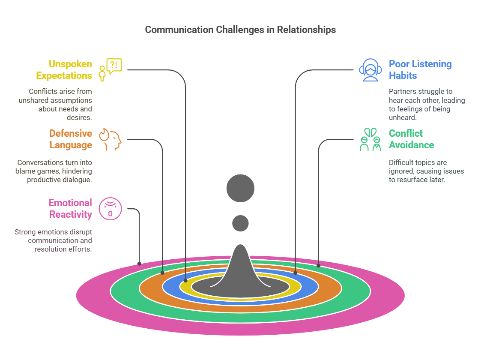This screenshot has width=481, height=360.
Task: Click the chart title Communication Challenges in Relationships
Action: (x=240, y=30)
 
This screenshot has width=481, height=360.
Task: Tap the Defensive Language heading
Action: (x=70, y=139)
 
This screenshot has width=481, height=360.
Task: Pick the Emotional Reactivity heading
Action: (x=70, y=209)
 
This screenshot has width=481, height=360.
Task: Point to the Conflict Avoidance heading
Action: (x=411, y=139)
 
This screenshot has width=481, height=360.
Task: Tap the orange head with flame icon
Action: (x=111, y=139)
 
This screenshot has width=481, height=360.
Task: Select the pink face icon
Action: (x=111, y=209)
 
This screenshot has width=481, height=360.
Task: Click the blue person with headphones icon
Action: (x=370, y=70)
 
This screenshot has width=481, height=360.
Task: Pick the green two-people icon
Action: (x=370, y=139)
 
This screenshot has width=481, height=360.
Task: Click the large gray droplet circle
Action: (x=240, y=188)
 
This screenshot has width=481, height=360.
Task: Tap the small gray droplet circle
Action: (x=240, y=223)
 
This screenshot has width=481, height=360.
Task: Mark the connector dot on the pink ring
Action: (x=139, y=263)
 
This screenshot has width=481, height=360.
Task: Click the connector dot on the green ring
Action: (x=318, y=266)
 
